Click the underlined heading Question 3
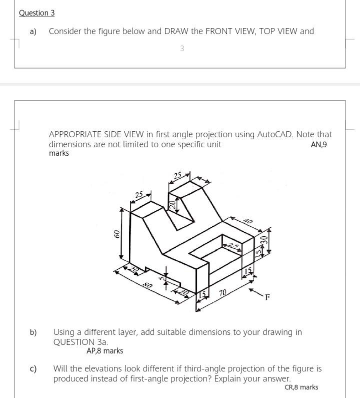point(36,13)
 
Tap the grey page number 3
point(182,49)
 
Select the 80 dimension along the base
point(147,285)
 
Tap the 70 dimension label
point(222,292)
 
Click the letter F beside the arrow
point(267,297)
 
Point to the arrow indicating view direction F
point(255,292)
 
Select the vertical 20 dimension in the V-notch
point(172,204)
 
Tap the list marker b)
point(33,332)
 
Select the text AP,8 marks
point(104,351)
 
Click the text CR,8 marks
point(301,387)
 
